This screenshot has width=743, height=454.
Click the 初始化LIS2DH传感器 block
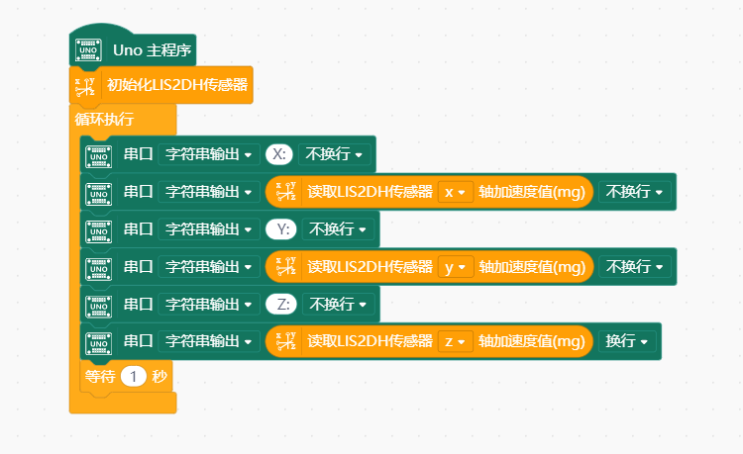coord(177,84)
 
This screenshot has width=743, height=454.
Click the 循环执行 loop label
coord(104,120)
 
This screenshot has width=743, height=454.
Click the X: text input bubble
coord(278,154)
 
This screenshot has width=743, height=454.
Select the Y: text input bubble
coord(282,229)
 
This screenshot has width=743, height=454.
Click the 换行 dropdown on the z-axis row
coord(627,341)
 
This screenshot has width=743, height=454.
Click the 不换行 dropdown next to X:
coord(334,154)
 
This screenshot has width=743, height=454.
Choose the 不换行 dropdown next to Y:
coord(338,229)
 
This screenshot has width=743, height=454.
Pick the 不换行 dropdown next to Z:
coord(338,304)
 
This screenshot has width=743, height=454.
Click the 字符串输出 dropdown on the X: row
coord(207,154)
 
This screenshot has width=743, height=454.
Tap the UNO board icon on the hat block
coord(89,48)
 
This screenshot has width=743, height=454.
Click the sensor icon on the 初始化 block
coord(88,84)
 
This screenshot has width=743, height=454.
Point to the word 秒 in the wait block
coord(159,376)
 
